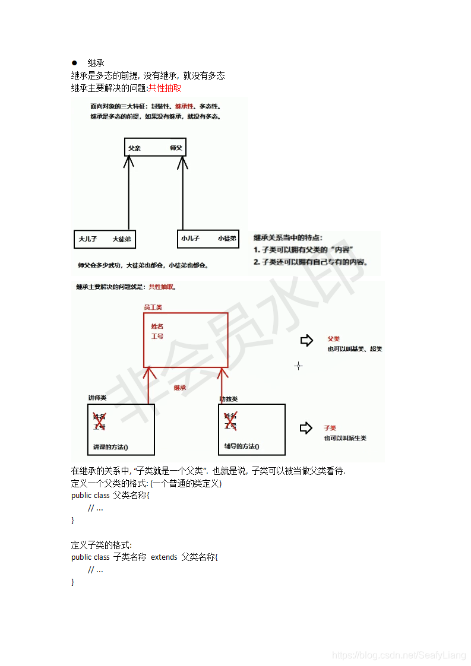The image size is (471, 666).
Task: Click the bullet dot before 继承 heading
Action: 75,63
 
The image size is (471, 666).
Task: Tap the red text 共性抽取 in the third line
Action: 165,88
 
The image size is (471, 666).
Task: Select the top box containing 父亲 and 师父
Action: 156,147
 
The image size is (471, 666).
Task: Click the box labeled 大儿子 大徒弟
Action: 105,239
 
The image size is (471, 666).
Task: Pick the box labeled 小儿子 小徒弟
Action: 208,238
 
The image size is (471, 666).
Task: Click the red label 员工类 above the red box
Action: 153,307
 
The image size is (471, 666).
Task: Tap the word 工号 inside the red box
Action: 157,336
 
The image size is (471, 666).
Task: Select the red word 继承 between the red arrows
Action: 180,388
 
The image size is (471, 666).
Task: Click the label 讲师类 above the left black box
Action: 97,398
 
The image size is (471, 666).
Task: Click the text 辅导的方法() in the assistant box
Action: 242,446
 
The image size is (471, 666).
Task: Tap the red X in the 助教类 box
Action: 230,420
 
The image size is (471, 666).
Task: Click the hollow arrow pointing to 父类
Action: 306,340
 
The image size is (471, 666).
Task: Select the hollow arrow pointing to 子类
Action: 306,427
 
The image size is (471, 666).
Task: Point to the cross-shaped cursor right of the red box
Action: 298,366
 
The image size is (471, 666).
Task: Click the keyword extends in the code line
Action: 164,557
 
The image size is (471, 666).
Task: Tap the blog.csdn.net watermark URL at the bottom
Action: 399,655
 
